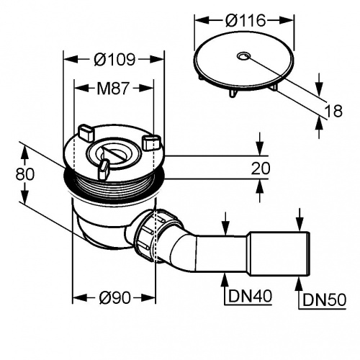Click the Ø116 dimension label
pos(246,20)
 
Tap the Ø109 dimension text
pos(114,59)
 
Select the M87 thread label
pos(113,88)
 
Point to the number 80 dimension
pos(25,174)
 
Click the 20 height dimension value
pos(261,168)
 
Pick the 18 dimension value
pos(333,111)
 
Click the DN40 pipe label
pos(250,296)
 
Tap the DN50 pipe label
pos(324,300)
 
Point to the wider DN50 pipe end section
pos(279,254)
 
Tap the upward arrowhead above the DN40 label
pos(225,279)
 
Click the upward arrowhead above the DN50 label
pos(299,283)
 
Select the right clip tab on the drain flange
pos(151,143)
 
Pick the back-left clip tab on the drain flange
pos(86,132)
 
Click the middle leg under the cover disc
pos(233,93)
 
